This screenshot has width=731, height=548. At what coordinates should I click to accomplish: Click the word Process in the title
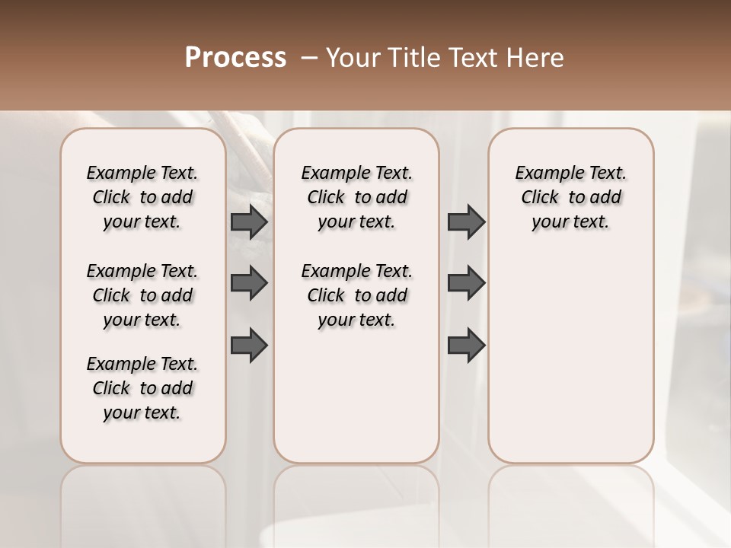click(235, 57)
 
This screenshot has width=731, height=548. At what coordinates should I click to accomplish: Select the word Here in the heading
click(537, 58)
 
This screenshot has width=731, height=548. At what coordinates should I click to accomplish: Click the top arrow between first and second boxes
click(249, 222)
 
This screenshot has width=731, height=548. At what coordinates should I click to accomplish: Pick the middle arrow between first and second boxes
click(249, 284)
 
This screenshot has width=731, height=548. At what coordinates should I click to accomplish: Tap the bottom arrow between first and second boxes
click(249, 346)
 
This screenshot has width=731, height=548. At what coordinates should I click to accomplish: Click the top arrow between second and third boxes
click(466, 222)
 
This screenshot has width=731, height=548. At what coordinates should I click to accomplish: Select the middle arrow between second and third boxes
click(466, 284)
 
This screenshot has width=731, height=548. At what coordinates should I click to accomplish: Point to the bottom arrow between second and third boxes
click(466, 346)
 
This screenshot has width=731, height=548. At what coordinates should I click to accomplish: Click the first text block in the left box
click(142, 197)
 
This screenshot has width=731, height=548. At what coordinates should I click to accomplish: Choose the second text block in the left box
click(142, 295)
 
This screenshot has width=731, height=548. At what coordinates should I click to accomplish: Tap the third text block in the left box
click(142, 388)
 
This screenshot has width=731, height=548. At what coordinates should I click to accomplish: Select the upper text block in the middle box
click(357, 197)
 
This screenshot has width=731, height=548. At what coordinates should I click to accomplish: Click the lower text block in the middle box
click(357, 295)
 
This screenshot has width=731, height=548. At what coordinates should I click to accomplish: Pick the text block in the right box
click(571, 197)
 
